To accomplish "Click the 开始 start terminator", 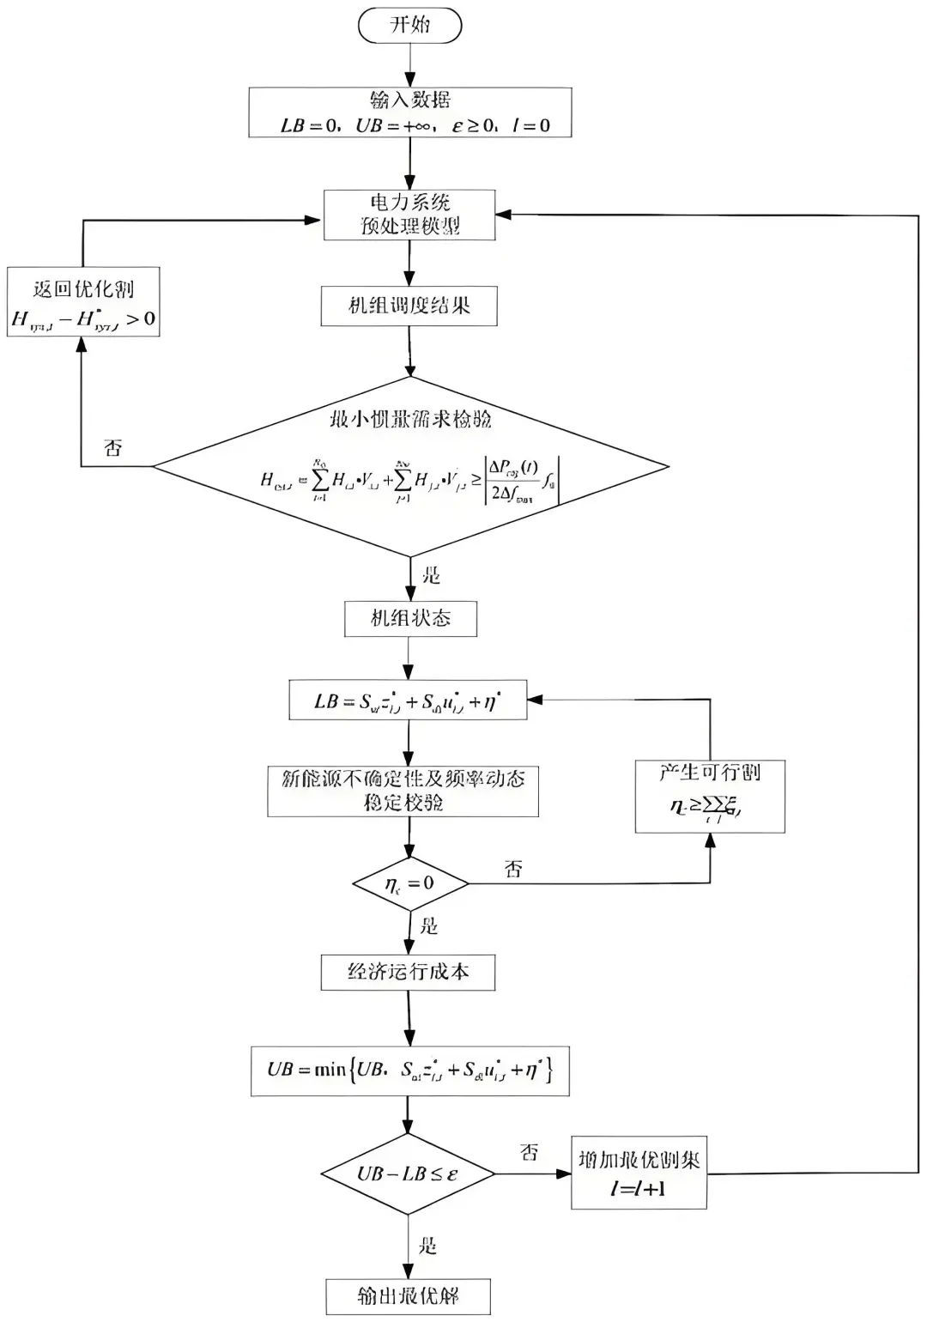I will click(409, 25).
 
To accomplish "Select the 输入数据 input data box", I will click(409, 112).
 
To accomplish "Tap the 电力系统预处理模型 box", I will click(409, 215).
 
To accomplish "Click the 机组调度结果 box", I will click(409, 306).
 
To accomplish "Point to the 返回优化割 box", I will click(83, 302).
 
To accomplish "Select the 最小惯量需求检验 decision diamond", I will click(410, 468).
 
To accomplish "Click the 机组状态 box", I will click(410, 618).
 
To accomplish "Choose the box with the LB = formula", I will click(408, 700).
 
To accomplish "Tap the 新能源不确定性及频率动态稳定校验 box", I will click(403, 791).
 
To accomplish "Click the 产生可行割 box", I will click(710, 796).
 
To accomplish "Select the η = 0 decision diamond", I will click(410, 883).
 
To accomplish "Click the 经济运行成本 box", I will click(409, 972).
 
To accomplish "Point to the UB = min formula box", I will click(409, 1070).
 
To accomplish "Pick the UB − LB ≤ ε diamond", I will click(408, 1173).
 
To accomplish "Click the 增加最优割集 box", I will click(639, 1173).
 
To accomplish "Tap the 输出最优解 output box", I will click(409, 1295).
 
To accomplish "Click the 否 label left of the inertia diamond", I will click(113, 447).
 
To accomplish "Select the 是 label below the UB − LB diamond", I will click(427, 1246).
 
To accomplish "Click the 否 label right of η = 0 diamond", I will click(513, 870).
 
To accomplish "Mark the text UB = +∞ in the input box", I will click(393, 125).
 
